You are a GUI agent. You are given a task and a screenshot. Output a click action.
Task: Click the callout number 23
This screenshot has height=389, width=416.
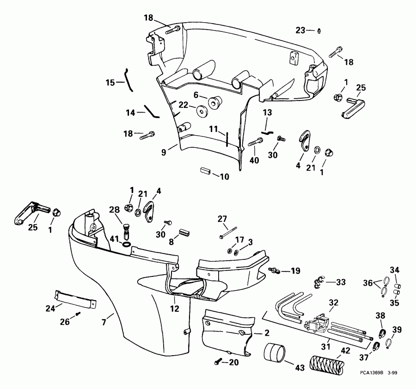300,30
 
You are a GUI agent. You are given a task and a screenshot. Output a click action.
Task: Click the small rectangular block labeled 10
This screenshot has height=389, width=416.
205,171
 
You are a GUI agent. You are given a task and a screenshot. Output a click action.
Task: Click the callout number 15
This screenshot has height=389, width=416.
110,83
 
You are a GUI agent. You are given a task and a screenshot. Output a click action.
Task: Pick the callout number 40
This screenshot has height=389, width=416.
254,161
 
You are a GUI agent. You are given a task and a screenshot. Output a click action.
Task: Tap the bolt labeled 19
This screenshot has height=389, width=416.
275,270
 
